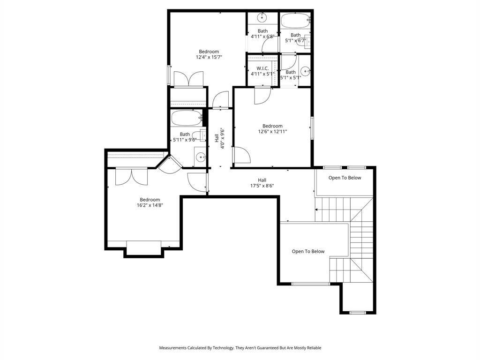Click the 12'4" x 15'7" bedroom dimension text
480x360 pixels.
tap(209, 57)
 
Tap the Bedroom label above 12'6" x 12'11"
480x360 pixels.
tap(272, 126)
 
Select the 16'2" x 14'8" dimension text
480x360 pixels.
tap(150, 205)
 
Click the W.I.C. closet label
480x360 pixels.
tap(262, 68)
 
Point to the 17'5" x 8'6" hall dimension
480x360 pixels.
tap(262, 186)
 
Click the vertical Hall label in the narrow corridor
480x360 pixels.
tap(217, 138)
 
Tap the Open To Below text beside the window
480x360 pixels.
tap(308, 251)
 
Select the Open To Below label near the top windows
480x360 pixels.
tap(345, 178)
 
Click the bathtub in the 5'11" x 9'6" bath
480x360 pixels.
tap(186, 118)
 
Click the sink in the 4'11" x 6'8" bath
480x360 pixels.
tap(262, 17)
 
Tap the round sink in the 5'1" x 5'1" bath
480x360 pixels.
tap(306, 71)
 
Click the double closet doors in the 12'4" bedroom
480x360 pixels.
tap(188, 79)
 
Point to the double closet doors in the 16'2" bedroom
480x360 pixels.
tap(132, 177)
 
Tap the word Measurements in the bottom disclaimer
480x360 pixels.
tap(172, 348)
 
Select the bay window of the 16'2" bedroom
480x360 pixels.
tap(143, 248)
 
